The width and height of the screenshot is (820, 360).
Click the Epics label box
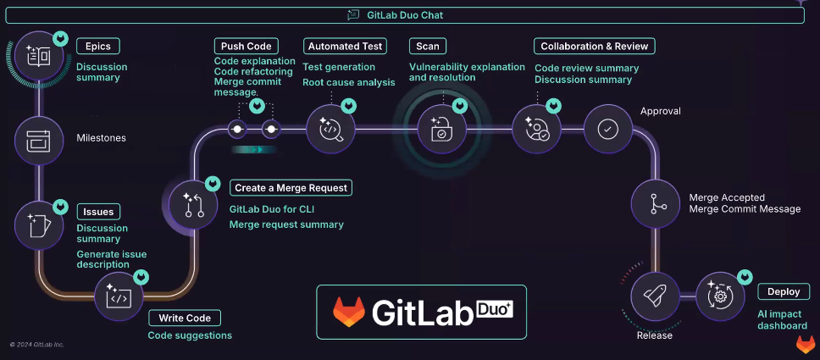click(98, 46)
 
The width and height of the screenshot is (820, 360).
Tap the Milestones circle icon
click(39, 138)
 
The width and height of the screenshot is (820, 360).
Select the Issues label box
click(98, 211)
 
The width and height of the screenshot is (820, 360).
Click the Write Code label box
click(185, 318)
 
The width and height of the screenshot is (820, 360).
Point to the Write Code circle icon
click(119, 296)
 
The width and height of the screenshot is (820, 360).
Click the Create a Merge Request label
click(291, 187)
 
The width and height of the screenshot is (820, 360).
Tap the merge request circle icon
click(194, 204)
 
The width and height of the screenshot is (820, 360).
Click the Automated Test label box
click(346, 46)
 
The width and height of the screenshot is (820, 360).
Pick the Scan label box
click(427, 46)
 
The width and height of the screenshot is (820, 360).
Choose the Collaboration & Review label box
click(595, 46)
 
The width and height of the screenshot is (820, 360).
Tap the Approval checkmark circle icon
click(607, 129)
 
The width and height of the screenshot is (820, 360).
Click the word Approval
click(660, 111)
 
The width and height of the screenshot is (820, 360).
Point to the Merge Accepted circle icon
click(655, 204)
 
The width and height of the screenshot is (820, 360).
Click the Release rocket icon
click(655, 296)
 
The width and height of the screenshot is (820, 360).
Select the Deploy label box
click(784, 291)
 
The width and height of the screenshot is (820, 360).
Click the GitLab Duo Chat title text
click(410, 14)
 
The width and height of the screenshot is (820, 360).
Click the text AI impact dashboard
click(782, 319)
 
